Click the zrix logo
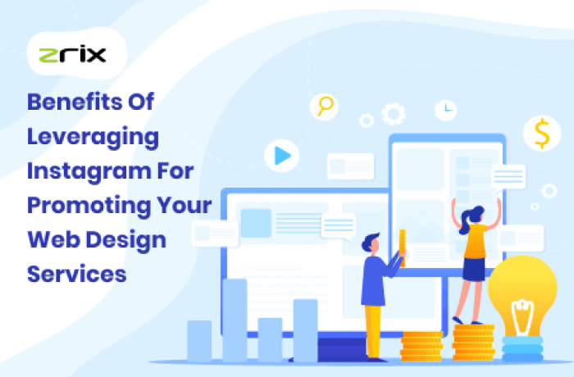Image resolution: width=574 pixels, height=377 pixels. pyautogui.click(x=72, y=56)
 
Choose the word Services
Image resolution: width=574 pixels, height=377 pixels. pyautogui.click(x=77, y=273)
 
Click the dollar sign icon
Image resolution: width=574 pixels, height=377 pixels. pyautogui.click(x=541, y=134)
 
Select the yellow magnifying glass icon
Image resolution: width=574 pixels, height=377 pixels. pyautogui.click(x=326, y=106)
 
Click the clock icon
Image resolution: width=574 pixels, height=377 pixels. pyautogui.click(x=446, y=107)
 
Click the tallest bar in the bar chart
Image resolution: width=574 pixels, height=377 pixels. pyautogui.click(x=235, y=320)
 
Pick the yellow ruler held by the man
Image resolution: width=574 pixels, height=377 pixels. pyautogui.click(x=402, y=247)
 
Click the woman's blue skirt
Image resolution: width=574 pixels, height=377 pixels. pyautogui.click(x=473, y=268)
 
